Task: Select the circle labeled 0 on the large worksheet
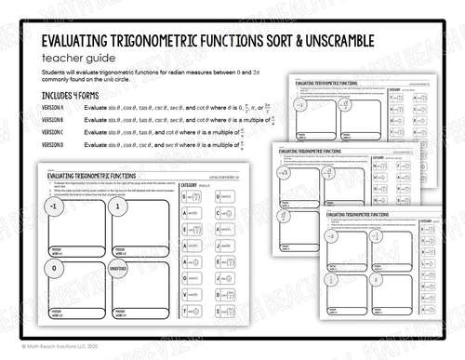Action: coord(56,267)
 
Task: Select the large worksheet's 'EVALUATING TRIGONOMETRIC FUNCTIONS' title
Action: coord(107,173)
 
